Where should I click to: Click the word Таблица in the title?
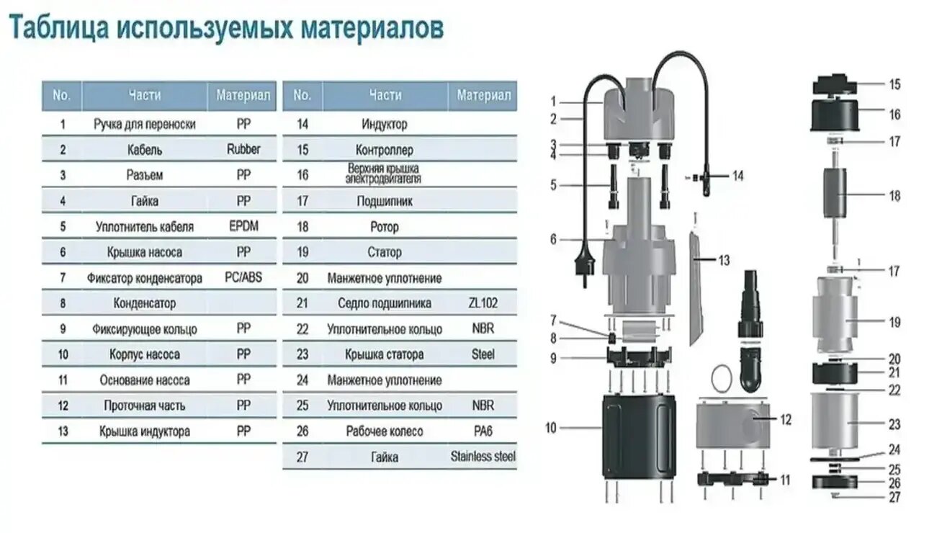point(58,30)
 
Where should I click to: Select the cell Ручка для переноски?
point(144,124)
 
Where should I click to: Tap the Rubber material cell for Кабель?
point(243,149)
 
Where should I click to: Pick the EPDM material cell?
point(243,226)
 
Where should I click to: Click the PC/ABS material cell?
point(243,277)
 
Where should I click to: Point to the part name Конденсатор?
point(144,303)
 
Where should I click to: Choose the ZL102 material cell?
point(483,303)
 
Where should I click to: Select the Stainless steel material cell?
point(483,457)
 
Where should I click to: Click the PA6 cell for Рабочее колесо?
point(483,431)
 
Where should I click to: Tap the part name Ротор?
point(385,227)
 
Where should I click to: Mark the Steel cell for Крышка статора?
point(483,354)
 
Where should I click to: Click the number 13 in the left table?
point(63,431)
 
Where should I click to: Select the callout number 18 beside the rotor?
point(894,196)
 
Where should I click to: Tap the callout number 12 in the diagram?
point(785,419)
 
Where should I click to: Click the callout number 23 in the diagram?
point(894,425)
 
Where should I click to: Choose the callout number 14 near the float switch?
point(737,176)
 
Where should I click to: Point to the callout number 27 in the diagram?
point(894,497)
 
